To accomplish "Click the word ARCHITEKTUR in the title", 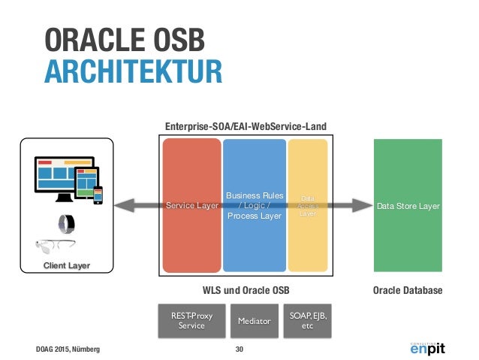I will [x=133, y=72].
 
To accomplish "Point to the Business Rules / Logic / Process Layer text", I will [x=255, y=205].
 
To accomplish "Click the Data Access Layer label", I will [x=308, y=204].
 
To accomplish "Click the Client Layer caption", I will [x=67, y=265].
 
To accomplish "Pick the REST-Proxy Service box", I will [x=186, y=319].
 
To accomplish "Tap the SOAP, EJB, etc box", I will [x=308, y=319].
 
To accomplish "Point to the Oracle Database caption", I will [x=408, y=290].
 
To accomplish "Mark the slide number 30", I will [x=239, y=349].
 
